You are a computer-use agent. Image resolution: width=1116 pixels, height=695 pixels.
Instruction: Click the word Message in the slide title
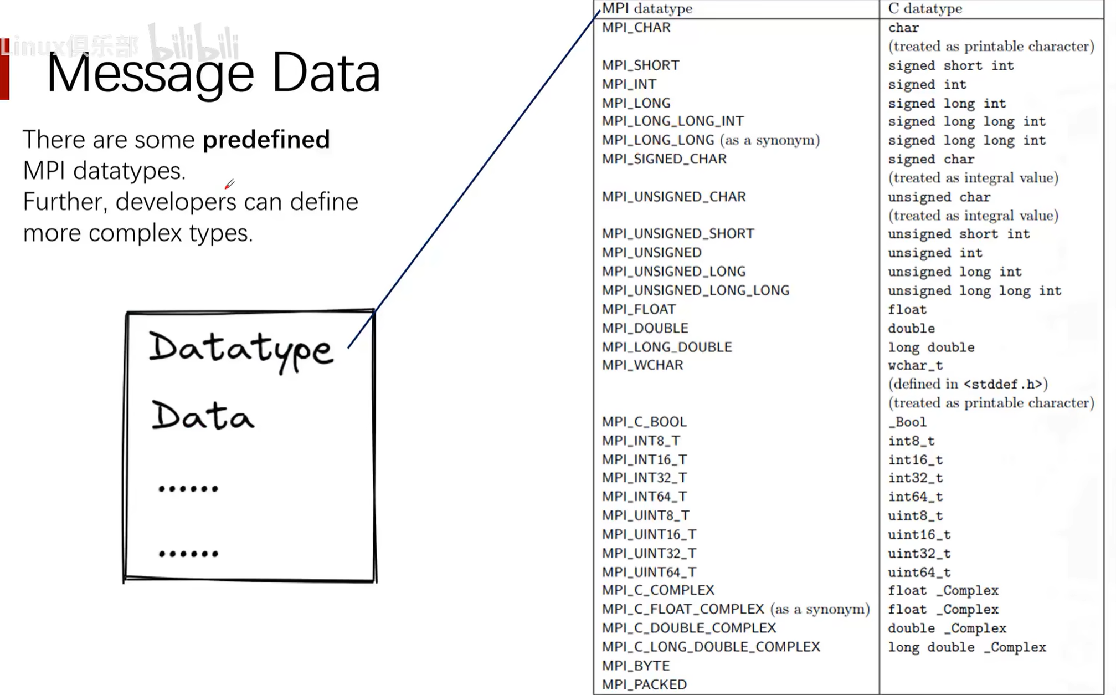coord(150,74)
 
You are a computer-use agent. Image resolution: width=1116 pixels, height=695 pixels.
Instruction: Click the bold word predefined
coord(266,140)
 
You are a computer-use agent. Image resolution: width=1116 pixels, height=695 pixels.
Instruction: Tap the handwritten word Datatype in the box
coord(241,350)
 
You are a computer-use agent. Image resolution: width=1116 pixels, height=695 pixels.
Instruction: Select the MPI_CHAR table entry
coord(636,28)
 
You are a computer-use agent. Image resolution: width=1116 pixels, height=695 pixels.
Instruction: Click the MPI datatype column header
coord(647,8)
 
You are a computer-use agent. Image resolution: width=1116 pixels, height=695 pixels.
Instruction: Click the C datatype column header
coord(925,8)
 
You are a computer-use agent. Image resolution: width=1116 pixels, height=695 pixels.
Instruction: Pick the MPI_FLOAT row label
coord(639,309)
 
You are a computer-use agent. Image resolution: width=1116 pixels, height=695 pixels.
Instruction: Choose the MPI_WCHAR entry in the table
coord(642,365)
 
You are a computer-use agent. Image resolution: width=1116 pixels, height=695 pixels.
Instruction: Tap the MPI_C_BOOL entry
coord(644,422)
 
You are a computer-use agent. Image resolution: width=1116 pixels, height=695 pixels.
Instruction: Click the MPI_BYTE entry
coord(636,666)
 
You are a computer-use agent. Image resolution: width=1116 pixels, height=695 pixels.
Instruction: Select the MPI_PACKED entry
coord(644,684)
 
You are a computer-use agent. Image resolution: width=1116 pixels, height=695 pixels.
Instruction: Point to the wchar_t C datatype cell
coord(915,366)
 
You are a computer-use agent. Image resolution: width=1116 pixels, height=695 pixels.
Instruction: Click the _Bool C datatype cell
coord(907,422)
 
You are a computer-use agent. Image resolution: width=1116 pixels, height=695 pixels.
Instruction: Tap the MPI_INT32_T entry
coord(645,478)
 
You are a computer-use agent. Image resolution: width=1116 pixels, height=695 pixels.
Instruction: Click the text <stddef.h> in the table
coord(1003,384)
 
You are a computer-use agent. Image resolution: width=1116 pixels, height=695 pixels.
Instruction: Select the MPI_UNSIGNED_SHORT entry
coord(678,234)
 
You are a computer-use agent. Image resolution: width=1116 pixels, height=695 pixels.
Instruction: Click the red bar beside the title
coord(5,69)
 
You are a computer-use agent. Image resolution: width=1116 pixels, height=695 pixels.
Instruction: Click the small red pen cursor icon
coord(229,184)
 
